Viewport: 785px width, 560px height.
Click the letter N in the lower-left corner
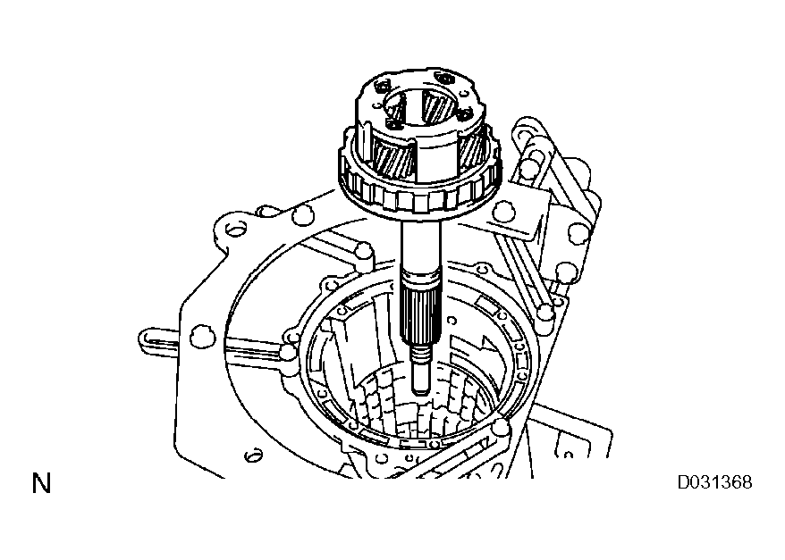click(41, 485)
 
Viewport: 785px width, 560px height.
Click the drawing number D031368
click(713, 483)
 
